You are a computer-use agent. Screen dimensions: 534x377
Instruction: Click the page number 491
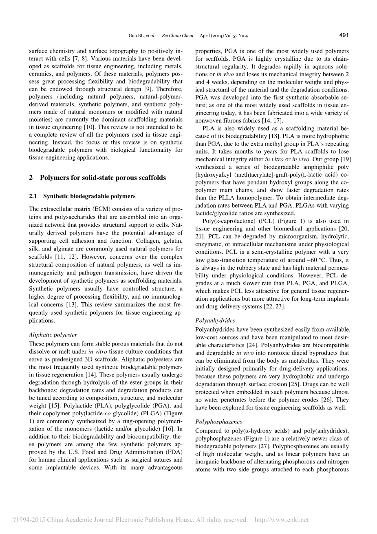[344, 35]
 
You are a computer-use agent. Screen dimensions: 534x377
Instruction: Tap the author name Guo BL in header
[135, 35]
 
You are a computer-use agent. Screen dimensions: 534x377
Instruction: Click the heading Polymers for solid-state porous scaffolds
[103, 177]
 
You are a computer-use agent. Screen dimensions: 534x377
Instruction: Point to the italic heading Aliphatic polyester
[53, 335]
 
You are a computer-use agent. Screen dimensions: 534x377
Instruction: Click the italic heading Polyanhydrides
[215, 321]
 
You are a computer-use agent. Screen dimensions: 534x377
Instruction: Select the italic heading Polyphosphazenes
[218, 422]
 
